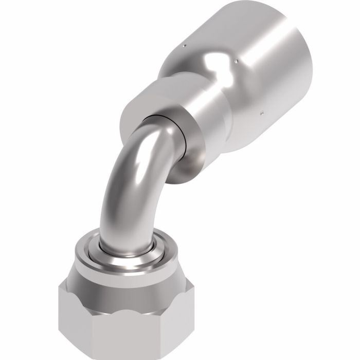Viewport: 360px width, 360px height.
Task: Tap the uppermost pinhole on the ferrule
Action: tap(184, 47)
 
